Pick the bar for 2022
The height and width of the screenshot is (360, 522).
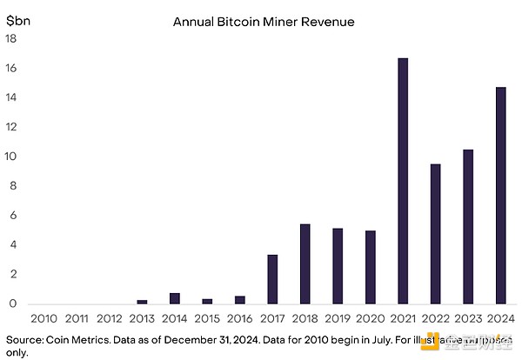(437, 234)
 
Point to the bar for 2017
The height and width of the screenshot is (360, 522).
(272, 279)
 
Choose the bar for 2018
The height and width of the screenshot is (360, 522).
(305, 263)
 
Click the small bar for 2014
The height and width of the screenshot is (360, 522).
(175, 298)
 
